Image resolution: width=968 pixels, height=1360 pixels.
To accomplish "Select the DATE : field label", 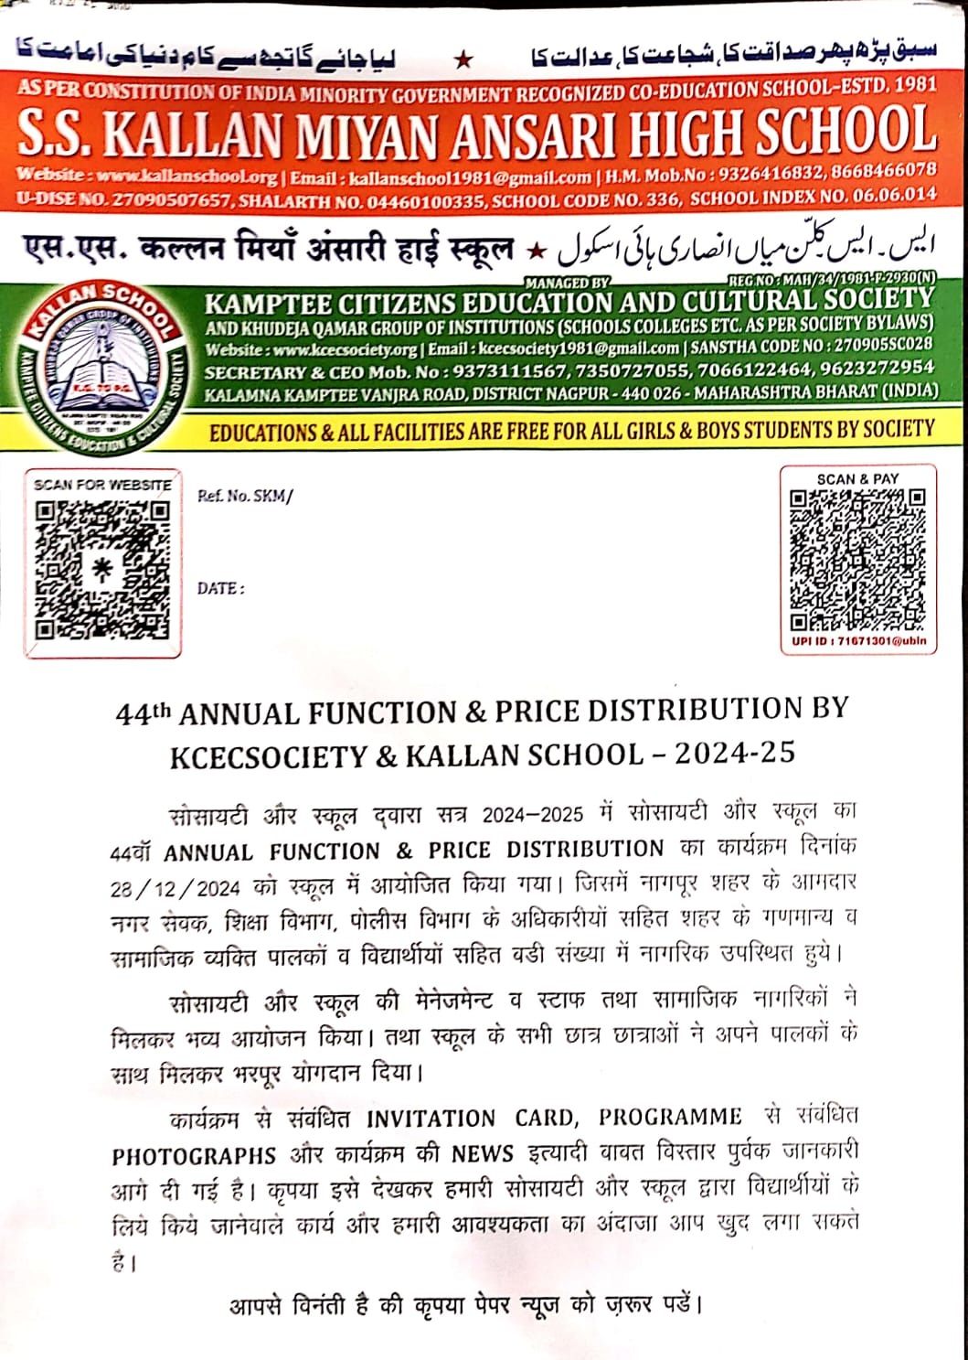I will point(220,588).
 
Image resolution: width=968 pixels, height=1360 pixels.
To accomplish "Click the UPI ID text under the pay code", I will point(858,641).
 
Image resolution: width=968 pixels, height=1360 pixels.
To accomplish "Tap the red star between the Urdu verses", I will point(464,60).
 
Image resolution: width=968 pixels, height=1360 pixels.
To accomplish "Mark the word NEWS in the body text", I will point(483,1154).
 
